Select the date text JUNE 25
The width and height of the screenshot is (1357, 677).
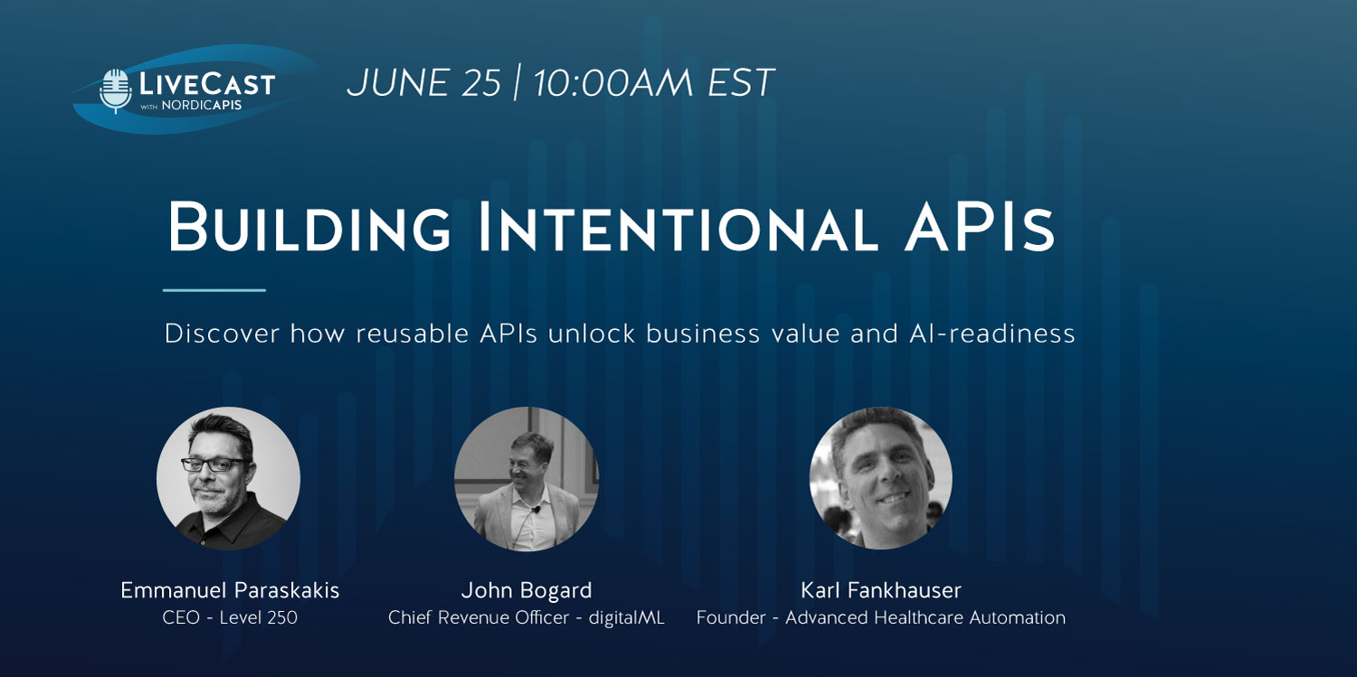423,83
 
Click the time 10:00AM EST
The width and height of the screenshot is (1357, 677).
653,83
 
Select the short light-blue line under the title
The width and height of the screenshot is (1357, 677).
214,290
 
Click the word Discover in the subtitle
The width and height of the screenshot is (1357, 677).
223,334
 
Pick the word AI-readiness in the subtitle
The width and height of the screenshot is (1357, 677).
992,334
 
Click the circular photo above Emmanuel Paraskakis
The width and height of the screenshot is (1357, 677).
229,479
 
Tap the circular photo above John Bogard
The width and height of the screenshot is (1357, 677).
527,479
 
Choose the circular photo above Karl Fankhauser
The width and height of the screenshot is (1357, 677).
880,479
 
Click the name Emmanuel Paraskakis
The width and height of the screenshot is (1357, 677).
230,591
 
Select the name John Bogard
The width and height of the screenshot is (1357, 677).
527,591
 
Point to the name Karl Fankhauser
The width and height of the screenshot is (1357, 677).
881,591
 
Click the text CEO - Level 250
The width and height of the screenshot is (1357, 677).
230,618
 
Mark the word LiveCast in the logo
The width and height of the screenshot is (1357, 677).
207,85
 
